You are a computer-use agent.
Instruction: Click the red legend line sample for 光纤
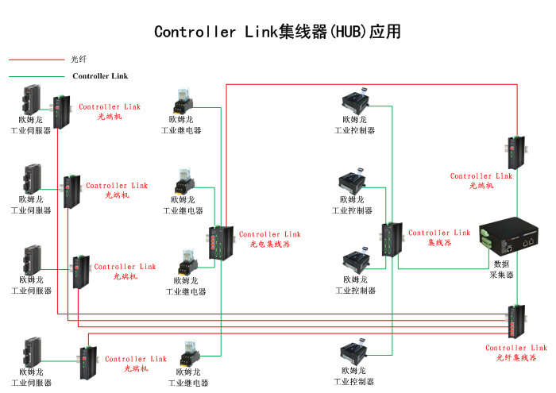click(x=36, y=59)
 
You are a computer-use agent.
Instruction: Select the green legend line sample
click(x=36, y=76)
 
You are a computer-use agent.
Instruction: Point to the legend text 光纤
click(x=79, y=59)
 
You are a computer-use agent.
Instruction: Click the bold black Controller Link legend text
click(x=100, y=76)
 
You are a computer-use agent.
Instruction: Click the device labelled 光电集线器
click(x=218, y=243)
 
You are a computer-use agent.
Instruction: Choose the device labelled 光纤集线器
click(x=517, y=323)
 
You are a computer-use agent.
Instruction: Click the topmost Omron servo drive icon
click(x=32, y=99)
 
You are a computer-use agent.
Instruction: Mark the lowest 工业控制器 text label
click(x=353, y=382)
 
